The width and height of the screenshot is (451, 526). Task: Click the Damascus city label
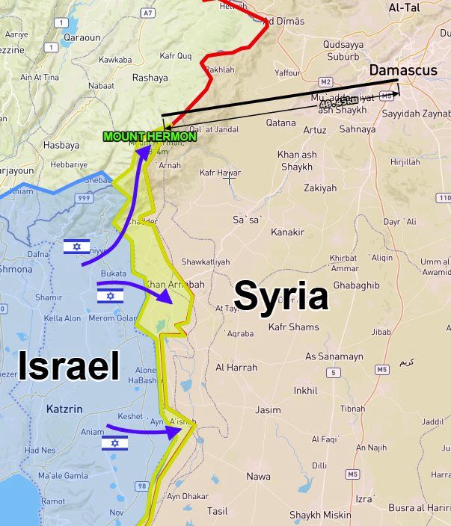pos(402,69)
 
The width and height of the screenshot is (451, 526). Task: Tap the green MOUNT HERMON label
pos(150,137)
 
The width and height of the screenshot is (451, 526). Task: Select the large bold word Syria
pos(281,297)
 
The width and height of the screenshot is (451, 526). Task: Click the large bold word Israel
pos(68,368)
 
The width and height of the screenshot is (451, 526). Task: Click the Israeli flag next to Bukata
pos(110,297)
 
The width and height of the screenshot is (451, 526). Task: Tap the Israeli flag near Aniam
pos(114,443)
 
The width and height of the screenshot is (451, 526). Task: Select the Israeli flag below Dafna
pos(76,247)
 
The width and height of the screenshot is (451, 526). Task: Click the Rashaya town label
pos(150,77)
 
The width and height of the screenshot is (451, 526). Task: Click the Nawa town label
pos(258,476)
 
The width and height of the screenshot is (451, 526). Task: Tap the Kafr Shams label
pos(293,327)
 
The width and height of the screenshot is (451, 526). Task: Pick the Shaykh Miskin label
pos(320,515)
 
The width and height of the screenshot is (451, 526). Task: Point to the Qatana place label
pos(280,123)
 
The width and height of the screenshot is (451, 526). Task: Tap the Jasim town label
pos(268,410)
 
